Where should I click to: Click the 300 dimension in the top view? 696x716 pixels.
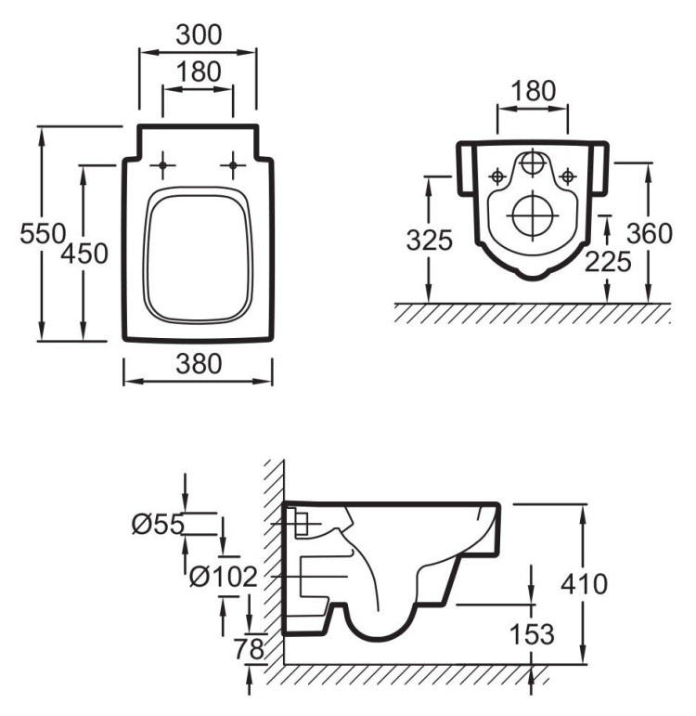(198, 35)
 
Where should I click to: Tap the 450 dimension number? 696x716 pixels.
(84, 253)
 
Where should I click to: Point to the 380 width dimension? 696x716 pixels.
(198, 365)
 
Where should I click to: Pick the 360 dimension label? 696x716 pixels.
(648, 234)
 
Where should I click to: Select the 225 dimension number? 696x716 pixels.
(608, 262)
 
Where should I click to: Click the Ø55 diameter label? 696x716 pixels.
(158, 525)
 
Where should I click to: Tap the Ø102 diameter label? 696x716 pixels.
(223, 578)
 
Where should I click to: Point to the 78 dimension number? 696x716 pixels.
(249, 649)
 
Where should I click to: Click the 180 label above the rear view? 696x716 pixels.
(533, 90)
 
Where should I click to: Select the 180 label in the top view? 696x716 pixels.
(198, 71)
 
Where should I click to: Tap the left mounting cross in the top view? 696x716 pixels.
(163, 165)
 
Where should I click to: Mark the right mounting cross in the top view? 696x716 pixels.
(232, 165)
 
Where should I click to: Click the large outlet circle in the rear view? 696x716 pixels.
(532, 215)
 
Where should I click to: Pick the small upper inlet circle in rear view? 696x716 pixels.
(532, 163)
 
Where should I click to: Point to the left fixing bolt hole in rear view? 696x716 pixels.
(498, 175)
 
